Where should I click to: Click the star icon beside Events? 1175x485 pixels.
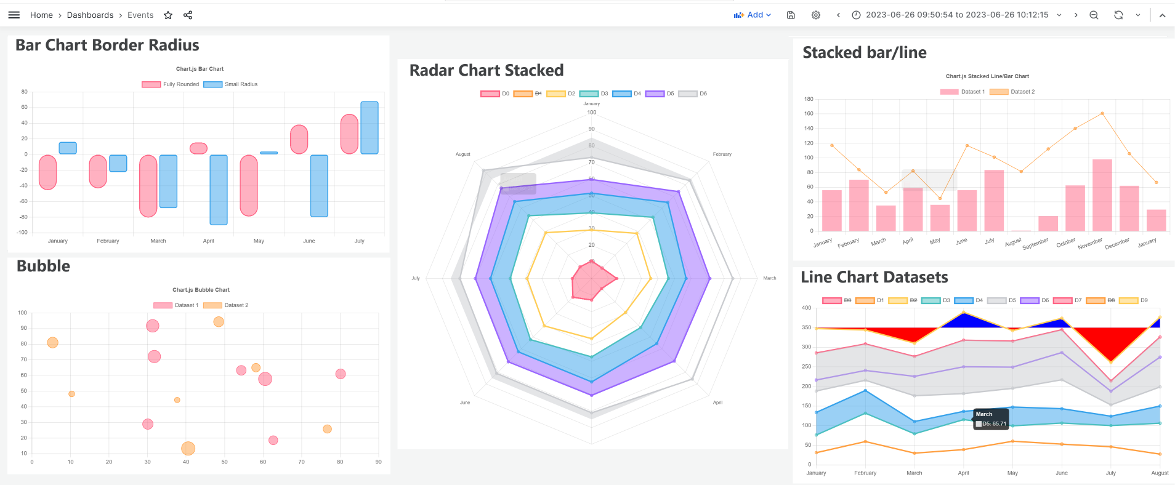tap(168, 15)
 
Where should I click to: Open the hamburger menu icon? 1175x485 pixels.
tap(14, 15)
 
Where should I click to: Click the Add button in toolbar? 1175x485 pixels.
tap(752, 15)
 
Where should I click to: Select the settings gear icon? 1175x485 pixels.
tap(816, 15)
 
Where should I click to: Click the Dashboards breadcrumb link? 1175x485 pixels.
tap(90, 15)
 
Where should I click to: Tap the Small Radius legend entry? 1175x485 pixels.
tap(232, 84)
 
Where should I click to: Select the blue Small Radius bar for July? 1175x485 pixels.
tap(369, 127)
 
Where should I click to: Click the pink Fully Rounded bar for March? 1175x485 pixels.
tap(148, 185)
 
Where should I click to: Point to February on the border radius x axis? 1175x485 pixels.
tap(108, 241)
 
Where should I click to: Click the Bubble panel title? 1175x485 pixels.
tap(43, 266)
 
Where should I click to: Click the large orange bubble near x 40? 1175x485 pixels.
tap(188, 448)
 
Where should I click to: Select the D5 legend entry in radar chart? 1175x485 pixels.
tap(660, 94)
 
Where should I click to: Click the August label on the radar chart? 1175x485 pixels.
tap(462, 154)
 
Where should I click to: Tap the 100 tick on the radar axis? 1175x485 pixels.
tap(592, 112)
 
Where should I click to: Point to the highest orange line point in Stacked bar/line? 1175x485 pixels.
tap(1102, 113)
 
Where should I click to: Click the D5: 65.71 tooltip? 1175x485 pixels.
tap(991, 419)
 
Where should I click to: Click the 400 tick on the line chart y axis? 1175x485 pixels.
tap(806, 308)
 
